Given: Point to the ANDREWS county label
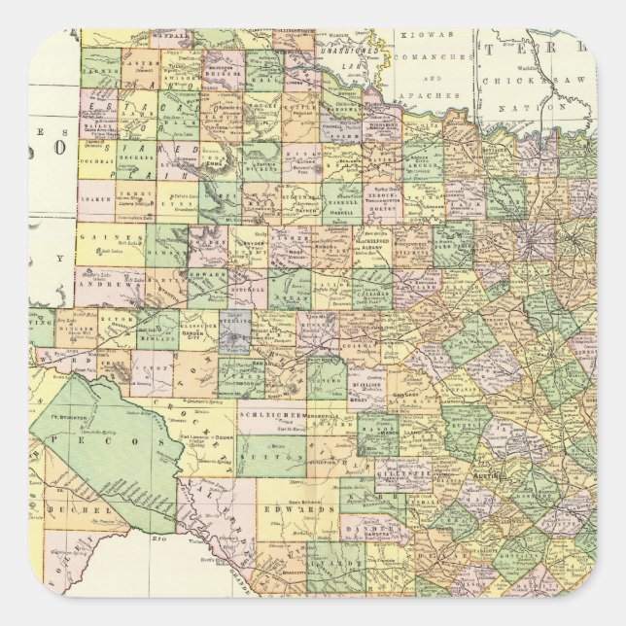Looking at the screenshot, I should (x=99, y=288).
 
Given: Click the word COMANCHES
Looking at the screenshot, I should (x=425, y=58).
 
